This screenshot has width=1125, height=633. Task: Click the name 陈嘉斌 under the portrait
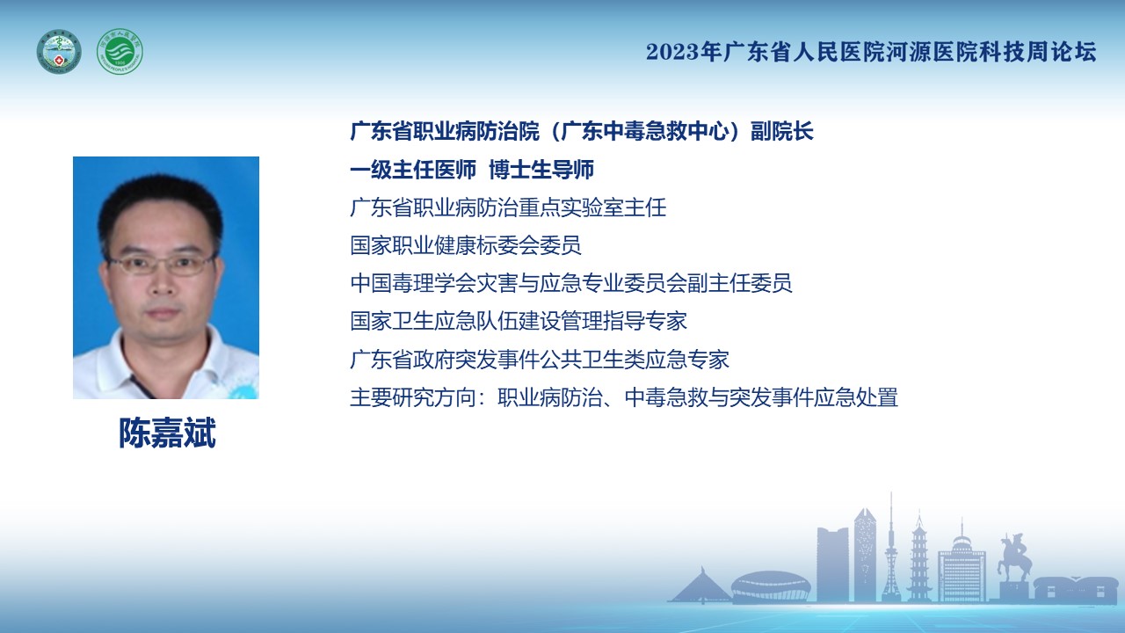(x=167, y=433)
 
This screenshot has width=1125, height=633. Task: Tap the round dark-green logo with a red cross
(x=59, y=51)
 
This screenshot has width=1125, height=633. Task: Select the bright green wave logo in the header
(x=120, y=51)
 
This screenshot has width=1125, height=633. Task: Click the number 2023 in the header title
(x=672, y=52)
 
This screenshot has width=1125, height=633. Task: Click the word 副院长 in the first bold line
(x=782, y=131)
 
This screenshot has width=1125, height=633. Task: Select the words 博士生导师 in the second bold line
(x=541, y=170)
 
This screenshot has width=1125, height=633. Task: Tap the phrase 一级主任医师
(x=413, y=170)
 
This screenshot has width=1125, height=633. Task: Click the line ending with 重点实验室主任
(x=508, y=207)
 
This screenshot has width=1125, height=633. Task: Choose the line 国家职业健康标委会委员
(x=466, y=245)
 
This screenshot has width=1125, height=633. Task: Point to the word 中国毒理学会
(x=413, y=283)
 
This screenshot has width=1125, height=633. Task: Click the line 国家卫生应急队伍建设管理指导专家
(x=519, y=321)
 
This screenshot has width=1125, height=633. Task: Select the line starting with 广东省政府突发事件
(x=540, y=359)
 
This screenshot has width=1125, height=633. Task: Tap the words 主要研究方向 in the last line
(x=413, y=397)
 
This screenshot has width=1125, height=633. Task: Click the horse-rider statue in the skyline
(x=1013, y=557)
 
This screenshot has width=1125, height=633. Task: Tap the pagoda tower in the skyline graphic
(x=919, y=557)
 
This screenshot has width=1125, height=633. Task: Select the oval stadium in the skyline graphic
(x=771, y=586)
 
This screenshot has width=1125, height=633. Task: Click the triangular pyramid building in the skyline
(x=700, y=586)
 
